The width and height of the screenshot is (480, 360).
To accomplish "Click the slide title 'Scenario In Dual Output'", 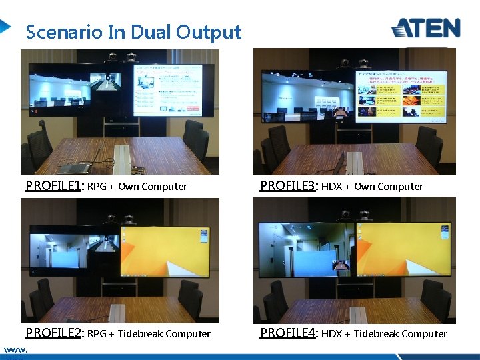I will pyautogui.click(x=133, y=32).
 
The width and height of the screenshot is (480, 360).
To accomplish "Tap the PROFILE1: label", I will pyautogui.click(x=53, y=186).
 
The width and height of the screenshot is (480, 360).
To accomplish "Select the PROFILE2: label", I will pyautogui.click(x=53, y=333).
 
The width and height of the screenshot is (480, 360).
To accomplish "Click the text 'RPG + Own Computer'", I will pyautogui.click(x=137, y=187).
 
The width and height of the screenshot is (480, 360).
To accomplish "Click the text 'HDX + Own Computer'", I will pyautogui.click(x=372, y=187).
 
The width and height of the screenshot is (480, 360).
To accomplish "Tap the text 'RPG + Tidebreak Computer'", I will pyautogui.click(x=149, y=334).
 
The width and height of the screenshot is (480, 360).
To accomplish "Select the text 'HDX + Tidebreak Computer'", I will pyautogui.click(x=384, y=334).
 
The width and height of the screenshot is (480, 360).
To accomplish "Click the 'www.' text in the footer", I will pyautogui.click(x=15, y=349).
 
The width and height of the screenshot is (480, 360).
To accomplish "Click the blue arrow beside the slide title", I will pyautogui.click(x=5, y=27).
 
